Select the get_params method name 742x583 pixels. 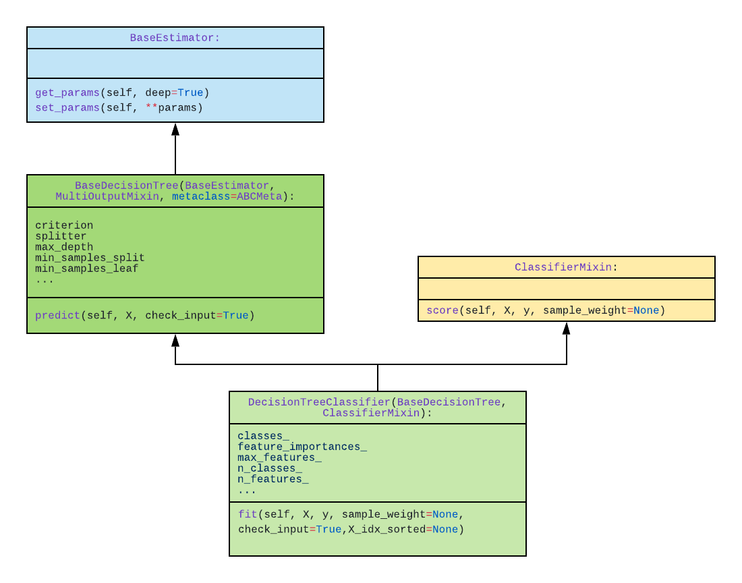point(67,92)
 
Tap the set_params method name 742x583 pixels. point(67,107)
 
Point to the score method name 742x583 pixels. point(442,310)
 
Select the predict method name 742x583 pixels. point(57,315)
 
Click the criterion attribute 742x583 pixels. point(64,225)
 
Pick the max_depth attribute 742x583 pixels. point(64,247)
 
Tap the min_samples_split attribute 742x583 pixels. point(90,258)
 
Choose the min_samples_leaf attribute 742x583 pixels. point(86,269)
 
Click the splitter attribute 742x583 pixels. point(61,236)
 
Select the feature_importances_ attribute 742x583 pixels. point(302,447)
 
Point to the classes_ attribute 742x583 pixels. point(263,436)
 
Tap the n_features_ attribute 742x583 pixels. point(273,479)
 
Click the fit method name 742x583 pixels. point(248,514)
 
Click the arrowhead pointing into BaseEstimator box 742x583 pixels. point(175,129)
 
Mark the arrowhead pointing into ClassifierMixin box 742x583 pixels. point(567,328)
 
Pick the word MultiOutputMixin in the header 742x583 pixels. point(107,196)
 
